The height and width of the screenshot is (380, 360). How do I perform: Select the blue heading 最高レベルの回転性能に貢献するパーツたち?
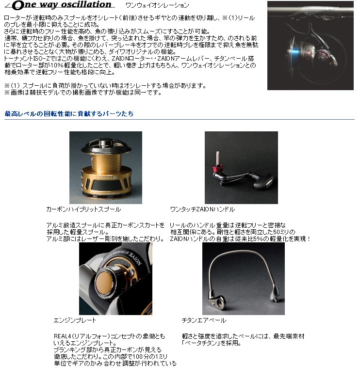(x=69, y=114)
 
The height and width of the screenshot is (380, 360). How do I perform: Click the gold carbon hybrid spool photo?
(x=105, y=167)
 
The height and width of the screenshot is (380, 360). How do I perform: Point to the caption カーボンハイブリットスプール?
(x=83, y=209)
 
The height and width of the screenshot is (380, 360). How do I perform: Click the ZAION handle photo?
(x=241, y=167)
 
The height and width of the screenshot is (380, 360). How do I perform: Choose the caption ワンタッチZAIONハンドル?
(x=202, y=209)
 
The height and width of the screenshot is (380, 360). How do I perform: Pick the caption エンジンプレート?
(x=75, y=320)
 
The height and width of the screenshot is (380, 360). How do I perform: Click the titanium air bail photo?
(x=243, y=279)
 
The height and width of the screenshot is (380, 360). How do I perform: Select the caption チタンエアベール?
(x=204, y=320)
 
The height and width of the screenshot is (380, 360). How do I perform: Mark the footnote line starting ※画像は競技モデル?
(x=90, y=93)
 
